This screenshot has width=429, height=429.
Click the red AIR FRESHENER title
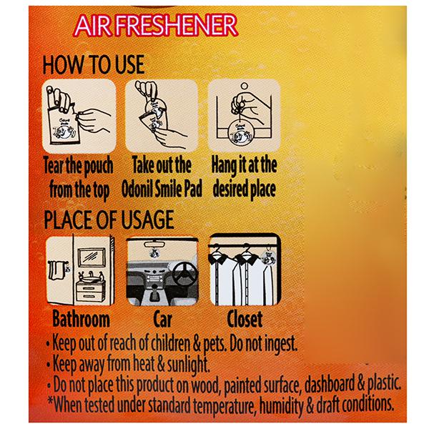[x=155, y=26]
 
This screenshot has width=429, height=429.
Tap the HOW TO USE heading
[x=94, y=64]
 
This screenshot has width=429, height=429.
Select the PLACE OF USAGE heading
[x=109, y=220]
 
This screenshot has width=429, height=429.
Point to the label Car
[x=162, y=319]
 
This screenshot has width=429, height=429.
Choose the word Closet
[x=245, y=319]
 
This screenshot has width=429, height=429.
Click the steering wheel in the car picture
[x=185, y=273]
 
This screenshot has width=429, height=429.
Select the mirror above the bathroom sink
[x=92, y=257]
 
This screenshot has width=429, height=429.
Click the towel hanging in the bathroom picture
[x=56, y=271]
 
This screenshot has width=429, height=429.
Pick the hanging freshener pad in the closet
[x=268, y=258]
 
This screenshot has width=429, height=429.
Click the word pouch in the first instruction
[x=98, y=166]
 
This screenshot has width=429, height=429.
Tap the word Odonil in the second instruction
[x=137, y=189]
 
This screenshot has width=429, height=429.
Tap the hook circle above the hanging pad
[x=244, y=87]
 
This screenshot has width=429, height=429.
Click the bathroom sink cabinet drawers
[x=90, y=292]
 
